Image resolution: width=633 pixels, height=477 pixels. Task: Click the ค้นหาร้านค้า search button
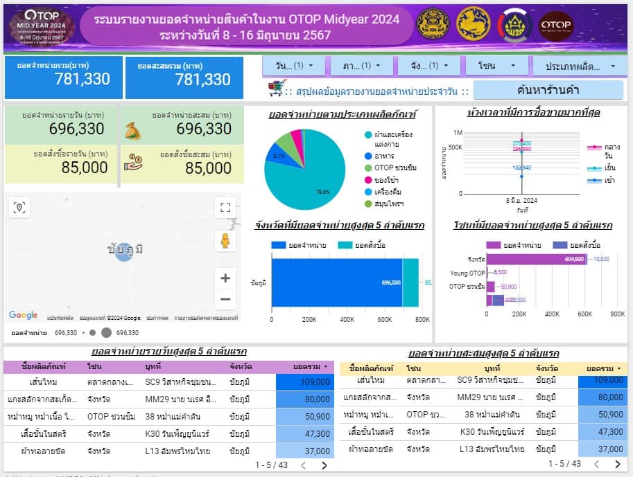point(548,89)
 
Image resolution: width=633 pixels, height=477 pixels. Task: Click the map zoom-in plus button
point(225,278)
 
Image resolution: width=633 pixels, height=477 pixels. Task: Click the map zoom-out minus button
point(225,300)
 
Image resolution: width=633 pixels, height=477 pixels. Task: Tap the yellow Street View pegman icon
point(225,240)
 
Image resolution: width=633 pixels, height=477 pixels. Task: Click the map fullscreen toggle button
point(225,207)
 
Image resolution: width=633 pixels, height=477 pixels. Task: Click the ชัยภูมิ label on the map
point(125,249)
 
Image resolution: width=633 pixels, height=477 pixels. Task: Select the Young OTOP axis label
point(467,273)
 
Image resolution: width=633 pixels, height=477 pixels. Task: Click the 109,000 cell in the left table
point(304,381)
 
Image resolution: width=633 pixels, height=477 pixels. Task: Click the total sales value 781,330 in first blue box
point(82,79)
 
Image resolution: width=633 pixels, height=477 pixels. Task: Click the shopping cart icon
point(277,89)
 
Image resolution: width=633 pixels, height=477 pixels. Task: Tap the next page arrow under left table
point(324,465)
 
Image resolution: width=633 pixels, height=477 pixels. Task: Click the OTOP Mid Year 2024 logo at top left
point(40,26)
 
